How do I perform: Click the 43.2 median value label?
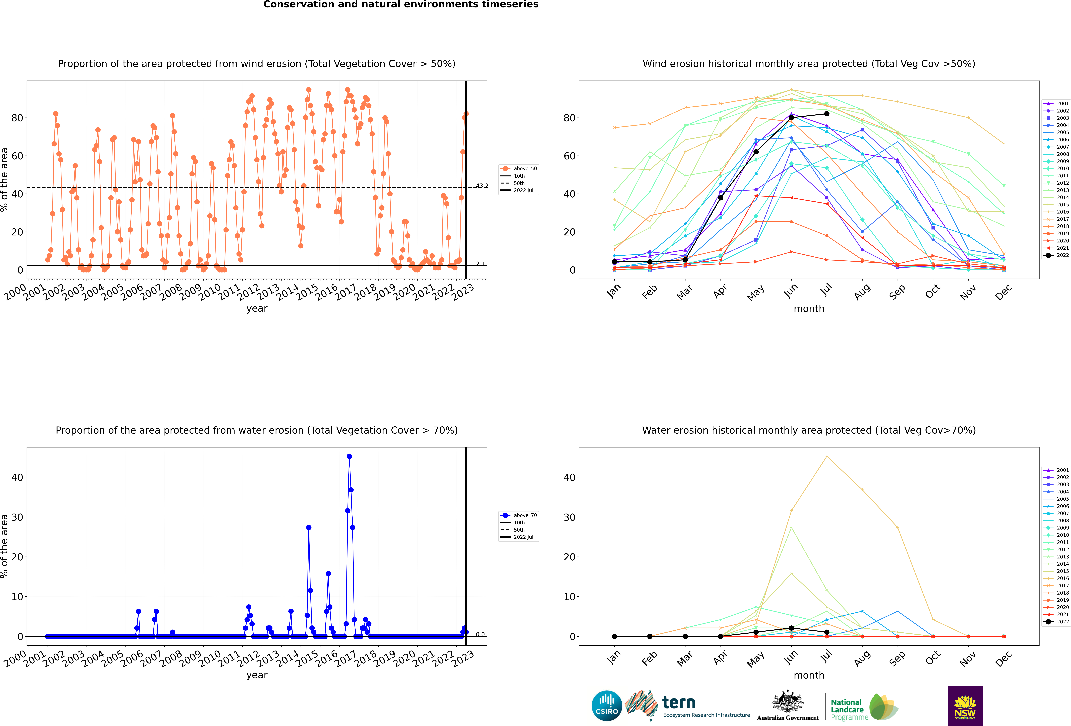pos(482,186)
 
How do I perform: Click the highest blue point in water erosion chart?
pos(349,456)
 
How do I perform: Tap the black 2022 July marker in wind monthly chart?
pos(827,114)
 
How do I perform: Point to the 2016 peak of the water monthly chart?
pos(827,456)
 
